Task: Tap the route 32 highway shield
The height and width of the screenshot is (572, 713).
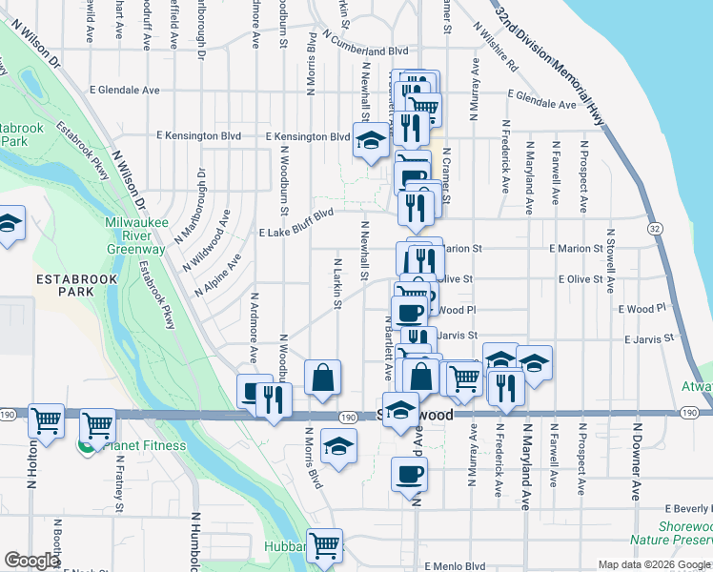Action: (653, 229)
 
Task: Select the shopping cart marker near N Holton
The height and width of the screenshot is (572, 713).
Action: (46, 419)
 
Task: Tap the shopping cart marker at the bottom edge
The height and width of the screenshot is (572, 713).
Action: (324, 544)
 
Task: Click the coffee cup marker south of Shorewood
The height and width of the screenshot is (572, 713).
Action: (409, 475)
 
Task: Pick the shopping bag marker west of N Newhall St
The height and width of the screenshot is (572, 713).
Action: (323, 376)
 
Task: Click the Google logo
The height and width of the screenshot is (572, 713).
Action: (31, 561)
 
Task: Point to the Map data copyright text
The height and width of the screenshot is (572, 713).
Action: (654, 564)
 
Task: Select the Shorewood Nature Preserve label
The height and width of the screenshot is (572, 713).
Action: (685, 533)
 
